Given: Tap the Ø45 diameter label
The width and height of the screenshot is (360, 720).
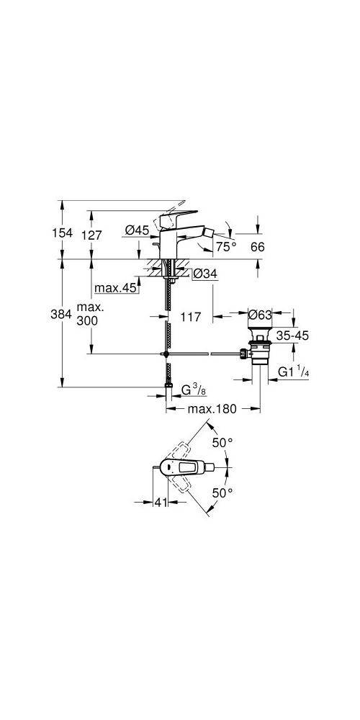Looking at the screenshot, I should click(136, 230).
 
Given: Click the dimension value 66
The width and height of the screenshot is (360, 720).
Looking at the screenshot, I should click(257, 247).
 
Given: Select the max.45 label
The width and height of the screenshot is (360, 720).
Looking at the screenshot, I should click(115, 289).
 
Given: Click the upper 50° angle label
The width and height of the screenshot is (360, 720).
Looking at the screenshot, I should click(222, 442).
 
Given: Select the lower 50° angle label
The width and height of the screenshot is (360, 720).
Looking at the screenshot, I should click(222, 493).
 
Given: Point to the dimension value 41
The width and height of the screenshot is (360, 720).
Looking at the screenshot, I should click(160, 503).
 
